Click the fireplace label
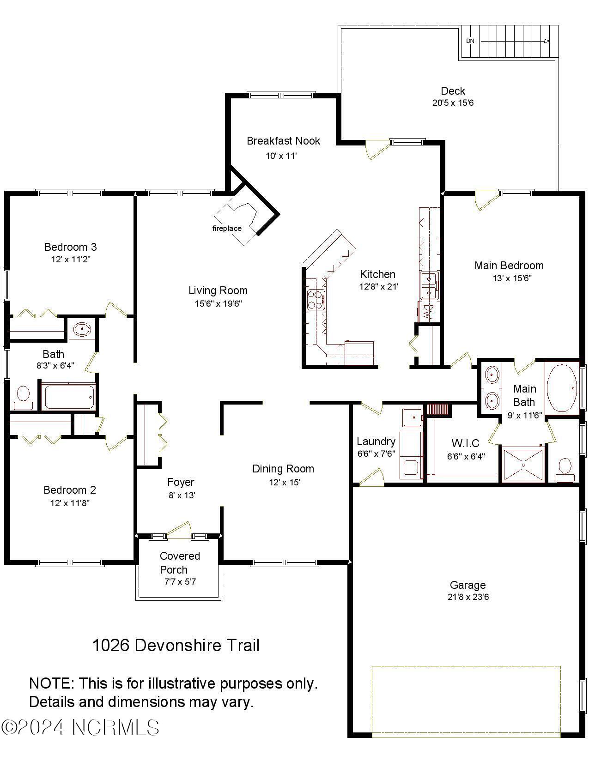227,228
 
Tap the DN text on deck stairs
470,41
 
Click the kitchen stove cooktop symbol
316,299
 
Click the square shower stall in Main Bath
523,465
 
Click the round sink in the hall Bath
82,330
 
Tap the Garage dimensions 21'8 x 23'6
468,597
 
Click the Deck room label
453,91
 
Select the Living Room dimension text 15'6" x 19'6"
218,303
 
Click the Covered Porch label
179,562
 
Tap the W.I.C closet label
465,443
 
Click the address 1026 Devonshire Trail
176,645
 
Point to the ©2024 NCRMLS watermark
80,727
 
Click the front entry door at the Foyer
179,530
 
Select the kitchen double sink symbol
429,286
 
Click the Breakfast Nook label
283,141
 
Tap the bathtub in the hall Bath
69,396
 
